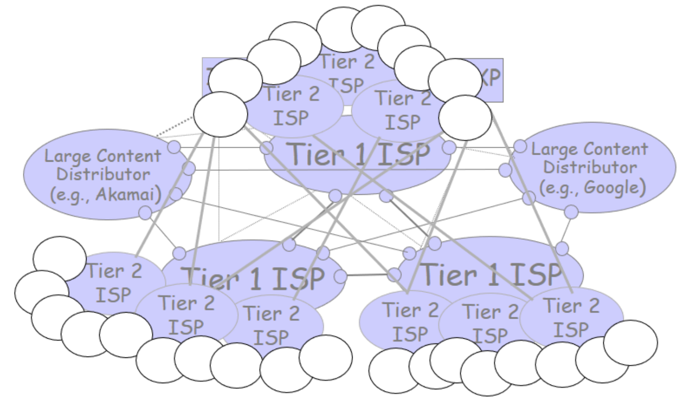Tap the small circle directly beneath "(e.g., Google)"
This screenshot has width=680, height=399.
tap(571, 212)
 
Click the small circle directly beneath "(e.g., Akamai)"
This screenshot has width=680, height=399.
tap(145, 213)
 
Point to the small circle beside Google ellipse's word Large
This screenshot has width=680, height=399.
tap(521, 147)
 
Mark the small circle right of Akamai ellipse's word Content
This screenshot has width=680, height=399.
tap(174, 147)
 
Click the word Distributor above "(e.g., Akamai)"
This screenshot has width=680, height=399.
tap(103, 174)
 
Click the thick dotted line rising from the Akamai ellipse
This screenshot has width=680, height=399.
tap(175, 126)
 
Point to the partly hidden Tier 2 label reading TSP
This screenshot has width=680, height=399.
tap(347, 85)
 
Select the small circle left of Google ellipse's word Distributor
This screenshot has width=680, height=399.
tap(505, 170)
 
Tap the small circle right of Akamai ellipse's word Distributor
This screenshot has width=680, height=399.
tap(188, 169)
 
